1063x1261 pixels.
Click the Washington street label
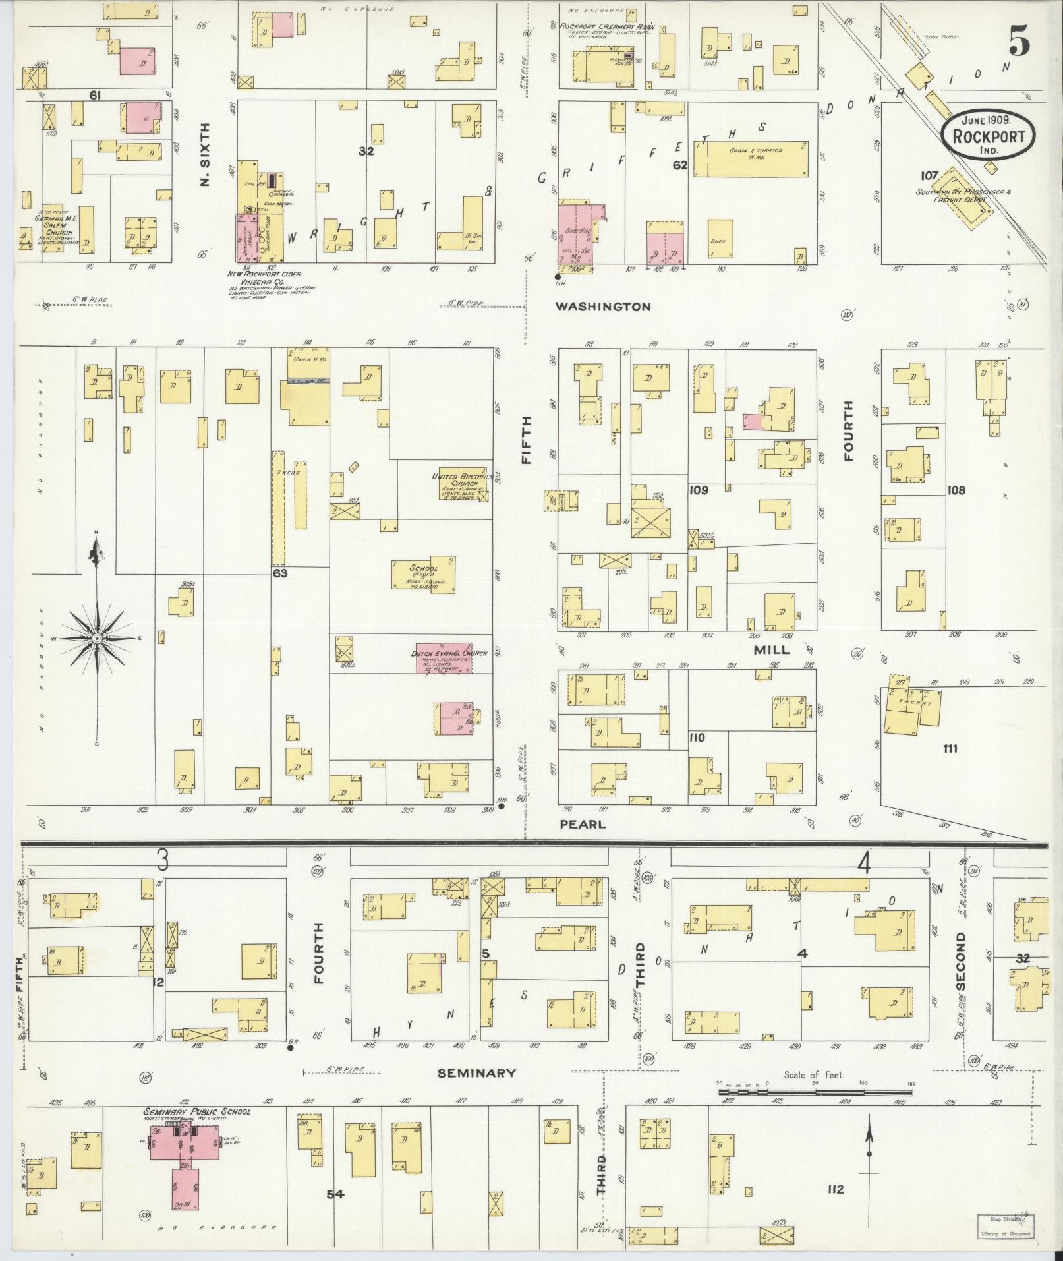(x=602, y=307)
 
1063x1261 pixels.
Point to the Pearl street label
(x=582, y=824)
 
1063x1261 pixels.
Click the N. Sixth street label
(x=204, y=154)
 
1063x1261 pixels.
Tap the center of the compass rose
(x=97, y=638)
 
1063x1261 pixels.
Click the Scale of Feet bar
(x=814, y=1092)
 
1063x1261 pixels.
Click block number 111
(x=950, y=748)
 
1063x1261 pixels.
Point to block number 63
(x=280, y=573)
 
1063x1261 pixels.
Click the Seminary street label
(x=477, y=1073)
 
